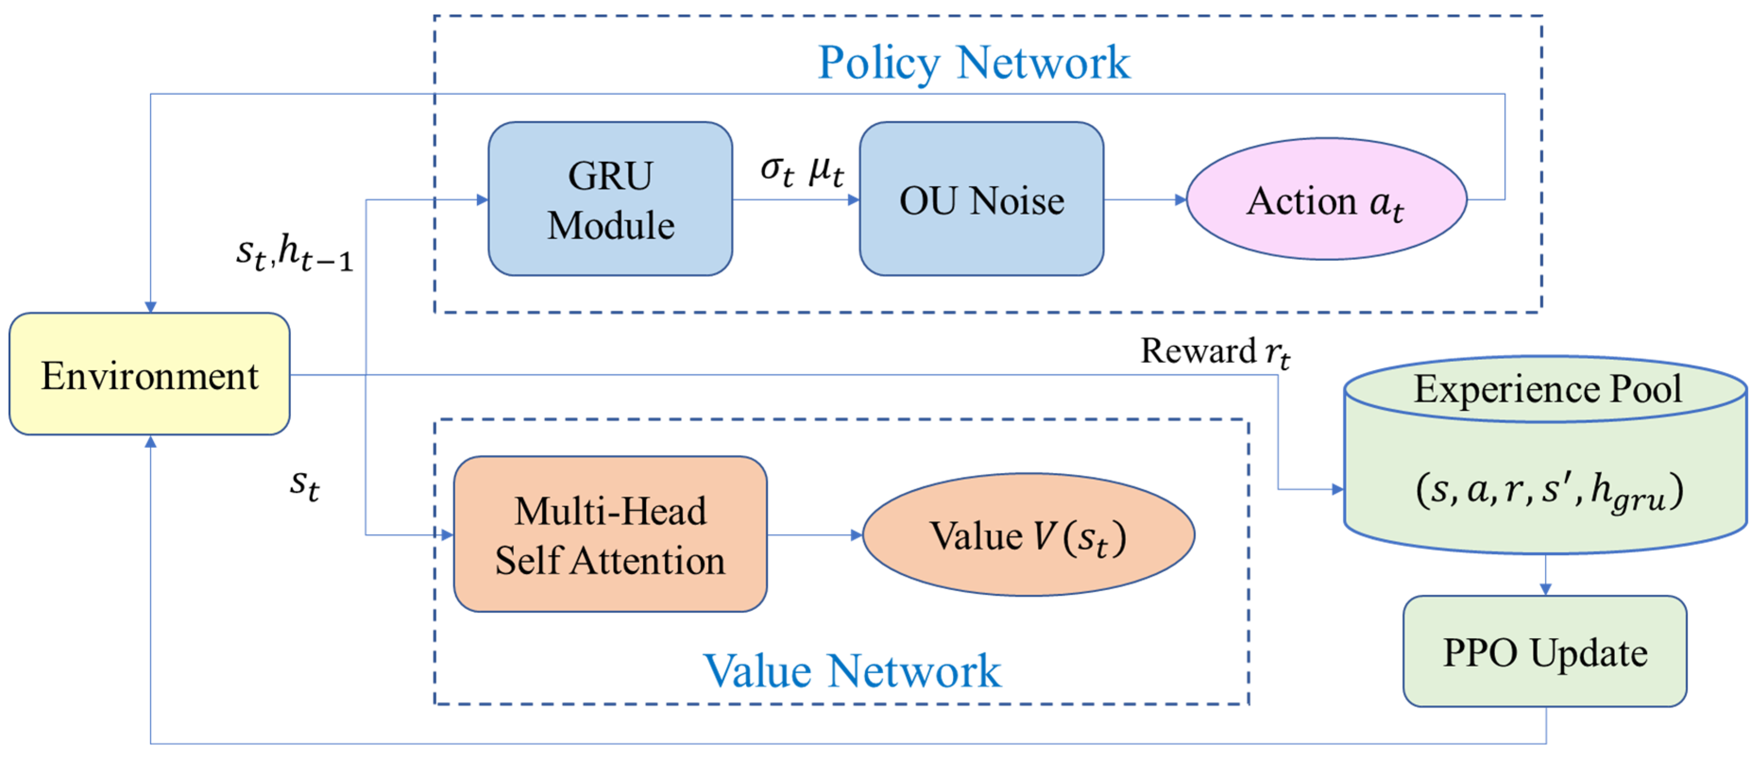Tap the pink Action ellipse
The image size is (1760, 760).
click(x=1326, y=200)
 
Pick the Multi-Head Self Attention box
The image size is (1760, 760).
click(x=610, y=535)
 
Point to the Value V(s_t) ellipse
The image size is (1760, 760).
click(x=1028, y=535)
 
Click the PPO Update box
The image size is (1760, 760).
click(x=1545, y=651)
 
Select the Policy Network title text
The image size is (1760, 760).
click(x=973, y=62)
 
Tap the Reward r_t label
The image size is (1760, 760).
click(x=1215, y=351)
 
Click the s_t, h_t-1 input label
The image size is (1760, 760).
click(x=294, y=253)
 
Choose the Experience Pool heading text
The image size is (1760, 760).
click(x=1547, y=389)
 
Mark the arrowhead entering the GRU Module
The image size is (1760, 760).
click(x=482, y=200)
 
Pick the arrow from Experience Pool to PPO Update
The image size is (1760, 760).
click(x=1546, y=575)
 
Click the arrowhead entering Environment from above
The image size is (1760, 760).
click(x=151, y=307)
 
